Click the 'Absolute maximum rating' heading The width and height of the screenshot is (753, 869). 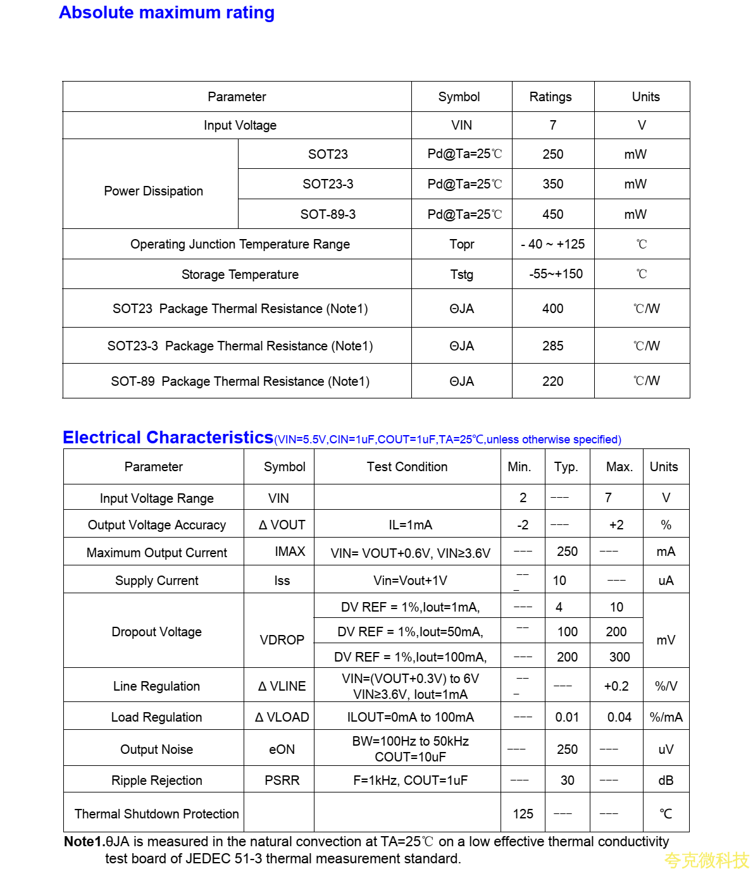(x=166, y=13)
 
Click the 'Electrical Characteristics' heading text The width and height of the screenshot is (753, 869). (x=168, y=438)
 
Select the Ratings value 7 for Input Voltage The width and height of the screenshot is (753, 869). (x=552, y=125)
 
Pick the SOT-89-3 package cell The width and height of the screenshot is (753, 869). (x=328, y=214)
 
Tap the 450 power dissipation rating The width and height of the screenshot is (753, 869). (x=552, y=214)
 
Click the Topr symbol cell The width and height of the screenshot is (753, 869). (x=461, y=244)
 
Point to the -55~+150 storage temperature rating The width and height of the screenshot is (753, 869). (x=556, y=274)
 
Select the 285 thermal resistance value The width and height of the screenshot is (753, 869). (x=552, y=346)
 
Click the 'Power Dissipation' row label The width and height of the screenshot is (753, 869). (x=153, y=191)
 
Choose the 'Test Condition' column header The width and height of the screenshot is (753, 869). (x=407, y=467)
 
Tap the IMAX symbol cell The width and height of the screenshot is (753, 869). (x=290, y=552)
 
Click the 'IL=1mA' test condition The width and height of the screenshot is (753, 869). (x=410, y=525)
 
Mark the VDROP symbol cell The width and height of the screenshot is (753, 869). (x=282, y=640)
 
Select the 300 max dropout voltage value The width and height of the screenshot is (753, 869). (x=619, y=657)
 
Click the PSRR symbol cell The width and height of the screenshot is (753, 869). (x=282, y=780)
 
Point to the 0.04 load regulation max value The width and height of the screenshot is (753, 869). (x=619, y=717)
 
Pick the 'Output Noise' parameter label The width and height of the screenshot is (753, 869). (x=156, y=749)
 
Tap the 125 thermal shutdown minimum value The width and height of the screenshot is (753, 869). (x=523, y=814)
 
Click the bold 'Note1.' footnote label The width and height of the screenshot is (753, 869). (x=84, y=842)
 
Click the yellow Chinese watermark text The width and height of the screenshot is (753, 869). (x=706, y=860)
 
